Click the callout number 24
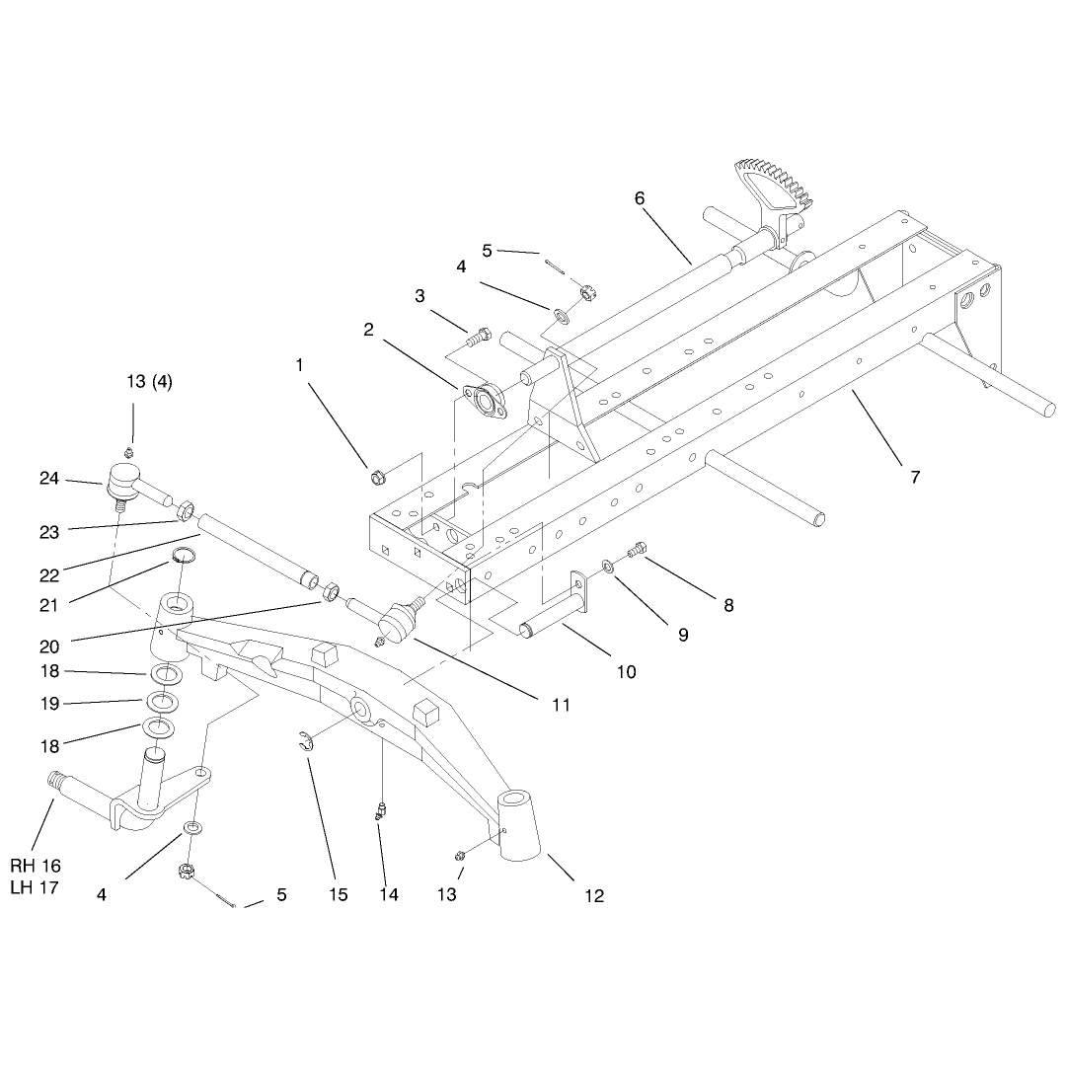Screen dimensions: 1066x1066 click(49, 479)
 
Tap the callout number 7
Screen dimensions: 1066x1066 click(915, 478)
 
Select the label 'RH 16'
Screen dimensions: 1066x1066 click(36, 866)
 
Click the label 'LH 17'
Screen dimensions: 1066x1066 click(35, 887)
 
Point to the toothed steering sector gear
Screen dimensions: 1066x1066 click(772, 190)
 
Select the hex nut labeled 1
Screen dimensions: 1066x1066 click(377, 478)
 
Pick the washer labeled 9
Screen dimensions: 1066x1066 click(607, 565)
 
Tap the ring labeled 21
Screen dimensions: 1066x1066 click(183, 556)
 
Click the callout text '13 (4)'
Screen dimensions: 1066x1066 click(150, 381)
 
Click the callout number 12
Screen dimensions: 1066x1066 click(594, 896)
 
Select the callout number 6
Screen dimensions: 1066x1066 click(639, 197)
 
